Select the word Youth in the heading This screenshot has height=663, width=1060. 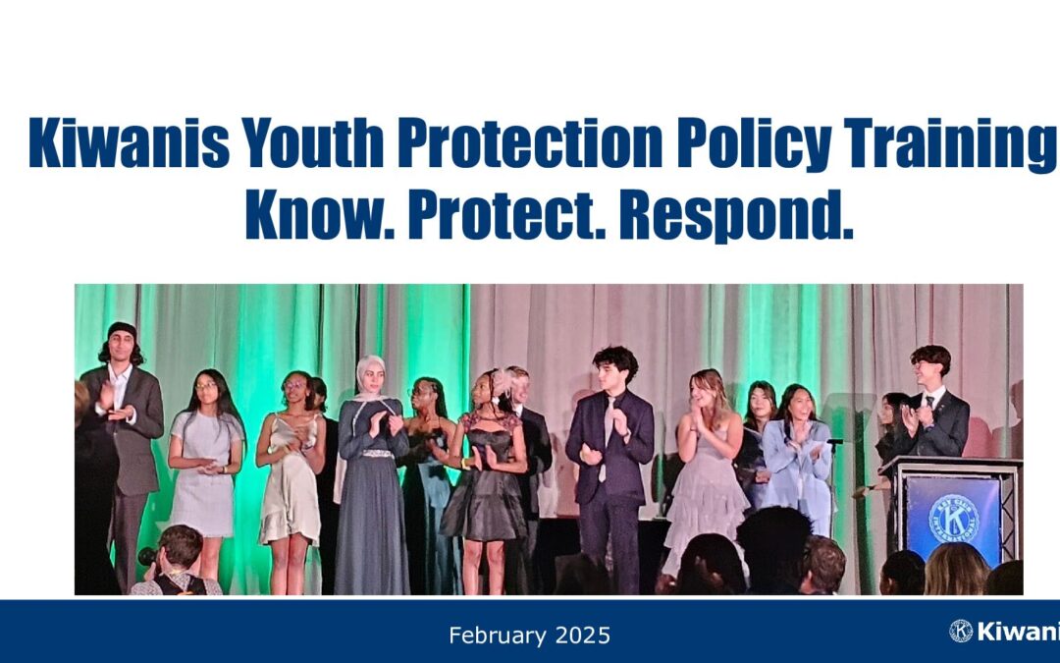click(x=313, y=142)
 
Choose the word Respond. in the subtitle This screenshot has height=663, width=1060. click(x=736, y=216)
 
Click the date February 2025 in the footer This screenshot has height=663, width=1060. click(x=529, y=635)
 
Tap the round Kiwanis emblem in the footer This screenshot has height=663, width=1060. click(x=961, y=631)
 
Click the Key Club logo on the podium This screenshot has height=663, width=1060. click(x=953, y=519)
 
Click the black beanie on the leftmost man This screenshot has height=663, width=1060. click(x=123, y=330)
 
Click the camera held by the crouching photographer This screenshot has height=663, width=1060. click(x=147, y=557)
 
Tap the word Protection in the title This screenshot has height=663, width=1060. click(x=530, y=142)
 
